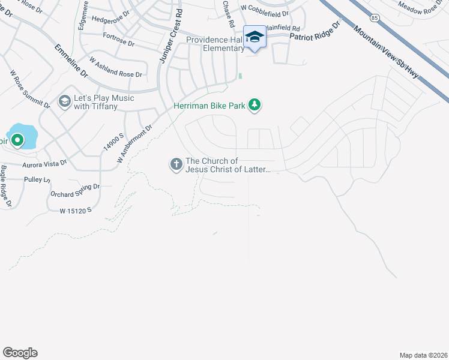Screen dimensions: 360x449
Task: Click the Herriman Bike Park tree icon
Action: pyautogui.click(x=255, y=106)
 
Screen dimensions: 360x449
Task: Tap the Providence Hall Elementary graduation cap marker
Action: pyautogui.click(x=255, y=37)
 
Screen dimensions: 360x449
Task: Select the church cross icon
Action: pyautogui.click(x=176, y=164)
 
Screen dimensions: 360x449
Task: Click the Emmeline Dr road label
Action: pyautogui.click(x=71, y=61)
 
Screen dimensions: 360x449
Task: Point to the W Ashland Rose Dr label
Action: pyautogui.click(x=115, y=68)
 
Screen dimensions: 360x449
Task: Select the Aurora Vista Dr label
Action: pyautogui.click(x=44, y=163)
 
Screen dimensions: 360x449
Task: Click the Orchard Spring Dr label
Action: pyautogui.click(x=75, y=191)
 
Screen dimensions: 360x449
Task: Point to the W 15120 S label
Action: pyautogui.click(x=76, y=211)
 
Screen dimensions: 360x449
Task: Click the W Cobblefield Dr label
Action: pyautogui.click(x=261, y=8)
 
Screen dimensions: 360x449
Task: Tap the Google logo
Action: pyautogui.click(x=20, y=353)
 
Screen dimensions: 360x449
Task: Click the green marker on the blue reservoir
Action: pyautogui.click(x=17, y=140)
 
